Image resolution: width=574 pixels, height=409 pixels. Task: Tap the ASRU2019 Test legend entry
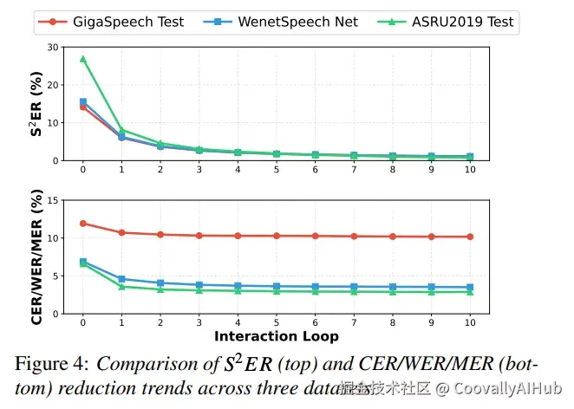[x=452, y=21]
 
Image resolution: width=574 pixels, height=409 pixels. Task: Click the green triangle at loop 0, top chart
[x=83, y=59]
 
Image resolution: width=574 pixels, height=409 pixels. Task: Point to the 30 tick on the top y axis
[x=55, y=48]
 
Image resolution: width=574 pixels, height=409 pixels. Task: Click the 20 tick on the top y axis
[x=55, y=85]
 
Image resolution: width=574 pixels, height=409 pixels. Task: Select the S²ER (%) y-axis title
[x=35, y=104]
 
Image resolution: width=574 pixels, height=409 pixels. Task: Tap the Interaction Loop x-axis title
[x=277, y=335]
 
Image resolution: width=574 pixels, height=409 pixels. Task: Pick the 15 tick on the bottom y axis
[x=55, y=200]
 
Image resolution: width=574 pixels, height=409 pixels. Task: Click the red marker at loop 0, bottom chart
[x=83, y=223]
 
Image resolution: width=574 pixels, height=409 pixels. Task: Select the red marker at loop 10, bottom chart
[x=470, y=237]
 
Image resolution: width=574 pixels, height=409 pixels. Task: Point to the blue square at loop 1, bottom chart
[x=121, y=279]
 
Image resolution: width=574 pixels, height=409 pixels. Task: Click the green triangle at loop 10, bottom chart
[x=470, y=292]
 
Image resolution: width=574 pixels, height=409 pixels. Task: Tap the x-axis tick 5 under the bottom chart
[x=277, y=321]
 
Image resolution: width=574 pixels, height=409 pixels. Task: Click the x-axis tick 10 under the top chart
[x=470, y=169]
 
